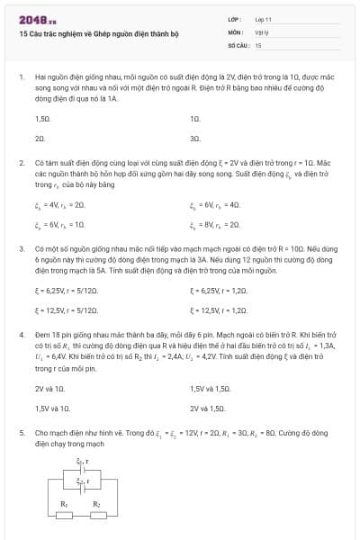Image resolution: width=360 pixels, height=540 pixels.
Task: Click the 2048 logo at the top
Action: tap(37, 20)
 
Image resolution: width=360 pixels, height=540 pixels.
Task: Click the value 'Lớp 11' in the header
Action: tap(264, 19)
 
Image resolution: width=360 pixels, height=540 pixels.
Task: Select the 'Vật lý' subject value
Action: tap(262, 31)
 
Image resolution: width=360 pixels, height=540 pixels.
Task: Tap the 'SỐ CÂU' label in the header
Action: tap(238, 44)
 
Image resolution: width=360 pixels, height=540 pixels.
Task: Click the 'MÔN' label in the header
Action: tap(236, 31)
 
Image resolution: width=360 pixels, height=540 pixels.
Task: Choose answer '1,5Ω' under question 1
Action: tap(42, 119)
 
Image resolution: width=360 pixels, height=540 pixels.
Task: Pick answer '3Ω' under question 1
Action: tap(194, 139)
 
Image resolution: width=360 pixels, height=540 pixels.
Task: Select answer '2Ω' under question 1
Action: tap(40, 139)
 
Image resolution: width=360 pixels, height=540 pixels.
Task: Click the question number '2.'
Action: tap(22, 163)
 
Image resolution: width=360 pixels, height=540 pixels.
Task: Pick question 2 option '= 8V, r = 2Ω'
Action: tap(215, 224)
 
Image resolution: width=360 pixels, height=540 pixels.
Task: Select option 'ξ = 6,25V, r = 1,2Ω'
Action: tap(218, 291)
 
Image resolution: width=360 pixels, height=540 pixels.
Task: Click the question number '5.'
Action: tap(22, 433)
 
